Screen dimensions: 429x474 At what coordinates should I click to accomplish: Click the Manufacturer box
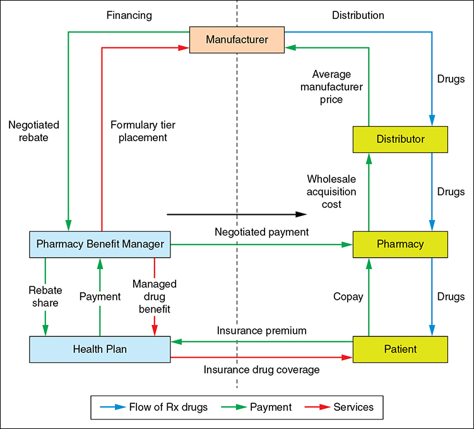[237, 40]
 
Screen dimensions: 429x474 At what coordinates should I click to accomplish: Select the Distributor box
[400, 139]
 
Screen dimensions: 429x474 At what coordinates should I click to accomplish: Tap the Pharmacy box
[400, 243]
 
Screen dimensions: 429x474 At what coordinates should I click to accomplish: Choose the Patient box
[400, 348]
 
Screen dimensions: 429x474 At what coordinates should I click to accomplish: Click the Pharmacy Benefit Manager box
[100, 243]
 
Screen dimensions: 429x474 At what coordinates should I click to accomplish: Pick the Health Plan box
[100, 348]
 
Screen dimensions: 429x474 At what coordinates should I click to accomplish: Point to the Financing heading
[129, 14]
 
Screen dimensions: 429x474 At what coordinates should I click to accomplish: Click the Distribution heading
[357, 14]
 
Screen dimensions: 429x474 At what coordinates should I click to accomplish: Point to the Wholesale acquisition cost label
[331, 192]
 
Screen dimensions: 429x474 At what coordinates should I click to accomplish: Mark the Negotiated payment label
[262, 232]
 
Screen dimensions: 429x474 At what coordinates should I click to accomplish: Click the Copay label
[348, 296]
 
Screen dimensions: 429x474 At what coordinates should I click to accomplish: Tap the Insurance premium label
[262, 331]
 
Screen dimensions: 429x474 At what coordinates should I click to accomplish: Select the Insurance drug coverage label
[261, 370]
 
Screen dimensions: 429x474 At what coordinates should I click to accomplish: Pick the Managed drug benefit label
[154, 296]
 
